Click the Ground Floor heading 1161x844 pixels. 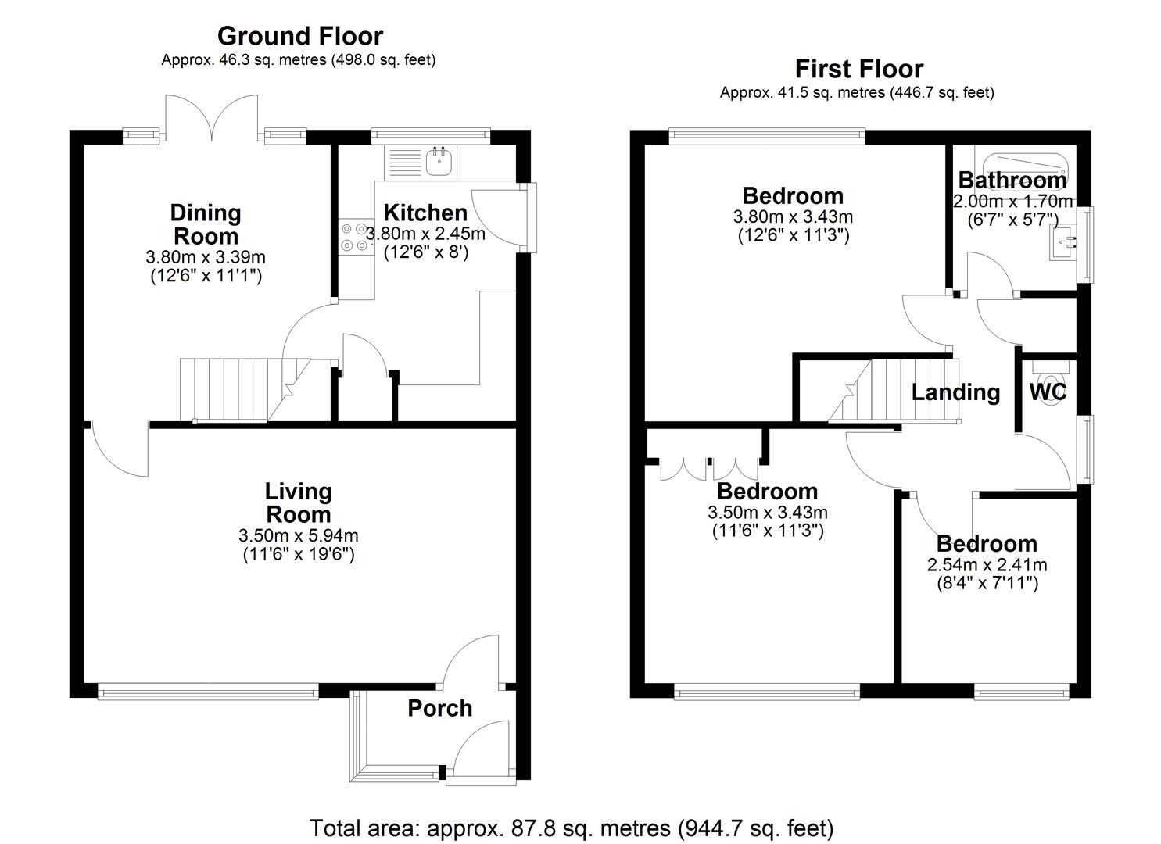pyautogui.click(x=299, y=36)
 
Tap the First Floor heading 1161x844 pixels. pyautogui.click(x=858, y=69)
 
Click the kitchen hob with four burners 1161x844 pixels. pyautogui.click(x=355, y=237)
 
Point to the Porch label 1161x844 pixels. pyautogui.click(x=439, y=708)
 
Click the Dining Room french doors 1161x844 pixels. pyautogui.click(x=212, y=120)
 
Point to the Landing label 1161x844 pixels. pyautogui.click(x=955, y=392)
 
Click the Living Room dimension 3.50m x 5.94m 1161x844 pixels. pyautogui.click(x=299, y=535)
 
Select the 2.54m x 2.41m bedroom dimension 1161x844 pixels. pyautogui.click(x=987, y=564)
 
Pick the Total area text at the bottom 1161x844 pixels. pyautogui.click(x=572, y=828)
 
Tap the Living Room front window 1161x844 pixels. pyautogui.click(x=208, y=690)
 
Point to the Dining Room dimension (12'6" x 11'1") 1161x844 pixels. pyautogui.click(x=206, y=275)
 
